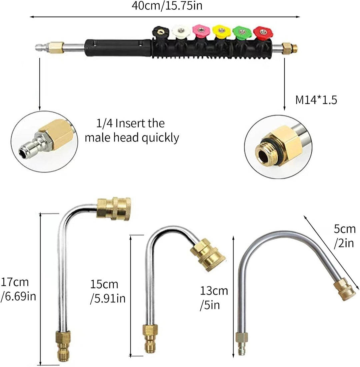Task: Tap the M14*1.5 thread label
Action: point(316,100)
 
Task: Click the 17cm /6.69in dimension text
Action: point(18,289)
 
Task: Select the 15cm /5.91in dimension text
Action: point(108,291)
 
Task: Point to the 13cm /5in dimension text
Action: point(214,298)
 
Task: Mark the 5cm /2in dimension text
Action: point(345,236)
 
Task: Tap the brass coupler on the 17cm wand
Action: point(114,209)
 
